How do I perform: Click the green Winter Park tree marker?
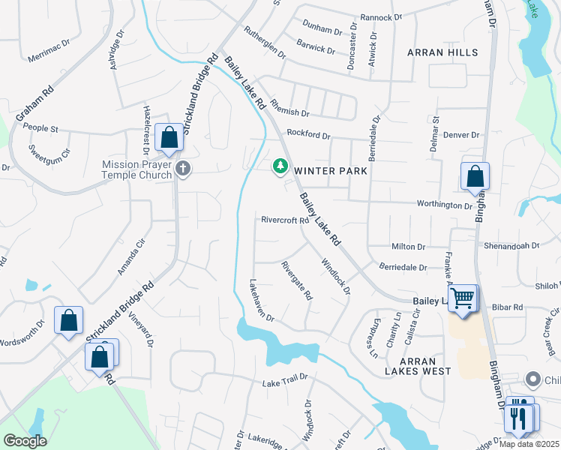click(x=280, y=166)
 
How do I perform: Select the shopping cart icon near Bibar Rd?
click(x=463, y=299)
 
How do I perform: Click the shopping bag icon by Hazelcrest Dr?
click(x=169, y=138)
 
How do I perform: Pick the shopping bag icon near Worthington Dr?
click(x=475, y=178)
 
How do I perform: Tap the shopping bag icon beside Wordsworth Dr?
click(x=68, y=321)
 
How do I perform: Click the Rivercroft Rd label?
click(x=285, y=220)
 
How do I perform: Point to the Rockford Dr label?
click(x=308, y=135)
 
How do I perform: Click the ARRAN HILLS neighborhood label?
click(x=442, y=52)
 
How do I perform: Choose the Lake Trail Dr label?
click(x=285, y=383)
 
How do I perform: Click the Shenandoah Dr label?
click(x=513, y=245)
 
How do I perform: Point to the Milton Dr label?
click(x=408, y=246)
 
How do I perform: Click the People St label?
click(x=40, y=128)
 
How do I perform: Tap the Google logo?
click(x=25, y=441)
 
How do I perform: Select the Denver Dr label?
click(x=460, y=135)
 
